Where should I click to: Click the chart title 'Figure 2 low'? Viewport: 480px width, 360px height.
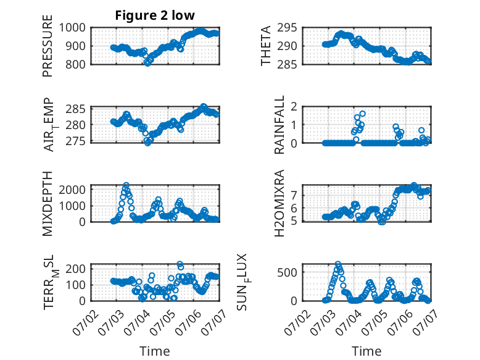point(155,15)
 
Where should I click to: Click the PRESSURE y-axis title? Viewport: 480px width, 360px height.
point(48,46)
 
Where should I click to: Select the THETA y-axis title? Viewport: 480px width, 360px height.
point(266,46)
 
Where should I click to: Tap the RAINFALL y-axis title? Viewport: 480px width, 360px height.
point(279,125)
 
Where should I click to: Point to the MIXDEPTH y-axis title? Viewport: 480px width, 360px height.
point(48,204)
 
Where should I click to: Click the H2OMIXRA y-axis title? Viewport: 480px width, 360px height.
point(279,203)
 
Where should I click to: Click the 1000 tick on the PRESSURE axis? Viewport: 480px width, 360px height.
point(72,28)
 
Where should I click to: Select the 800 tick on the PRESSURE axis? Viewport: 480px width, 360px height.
point(76,64)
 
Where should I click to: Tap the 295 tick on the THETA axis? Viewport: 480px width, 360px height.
point(287,28)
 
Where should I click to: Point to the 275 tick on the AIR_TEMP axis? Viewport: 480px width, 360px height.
point(76,141)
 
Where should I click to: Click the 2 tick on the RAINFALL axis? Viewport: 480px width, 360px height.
point(294,107)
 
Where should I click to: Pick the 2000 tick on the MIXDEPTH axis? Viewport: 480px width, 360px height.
point(72,190)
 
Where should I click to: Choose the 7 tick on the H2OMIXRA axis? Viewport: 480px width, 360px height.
point(294,195)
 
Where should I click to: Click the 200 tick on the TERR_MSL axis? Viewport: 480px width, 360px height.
point(76,269)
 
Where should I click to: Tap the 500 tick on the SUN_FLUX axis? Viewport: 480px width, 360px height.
point(287,272)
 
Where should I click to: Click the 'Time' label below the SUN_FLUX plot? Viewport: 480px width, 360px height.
point(366,351)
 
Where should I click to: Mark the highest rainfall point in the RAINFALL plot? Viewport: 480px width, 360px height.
point(362,114)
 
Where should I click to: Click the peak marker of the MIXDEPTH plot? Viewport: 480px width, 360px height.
point(126,185)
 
